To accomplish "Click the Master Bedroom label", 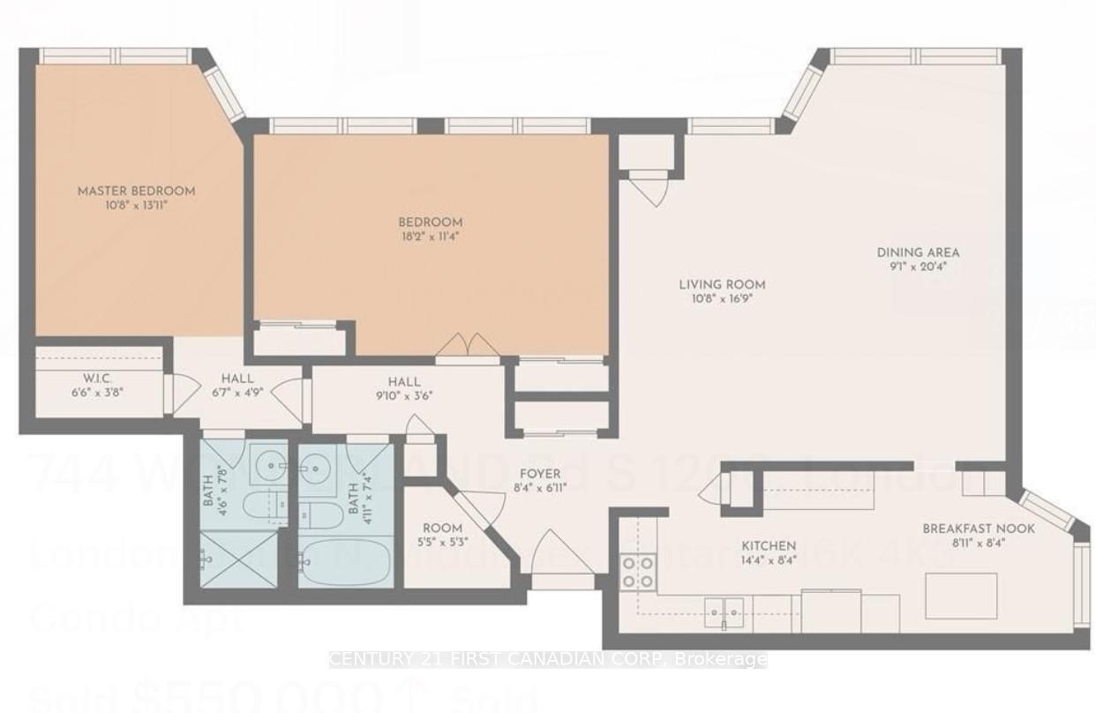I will (x=136, y=191).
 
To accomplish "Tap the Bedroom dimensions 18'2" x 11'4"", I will (x=430, y=236).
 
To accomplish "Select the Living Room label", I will (x=721, y=284).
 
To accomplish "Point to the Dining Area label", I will (x=918, y=252).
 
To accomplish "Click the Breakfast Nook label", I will (x=979, y=529).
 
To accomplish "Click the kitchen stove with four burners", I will (x=639, y=571).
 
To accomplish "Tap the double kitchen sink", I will (x=724, y=609).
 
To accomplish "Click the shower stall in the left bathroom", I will (x=235, y=558).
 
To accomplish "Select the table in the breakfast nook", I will (x=961, y=596).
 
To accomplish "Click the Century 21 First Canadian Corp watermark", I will (x=547, y=659).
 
